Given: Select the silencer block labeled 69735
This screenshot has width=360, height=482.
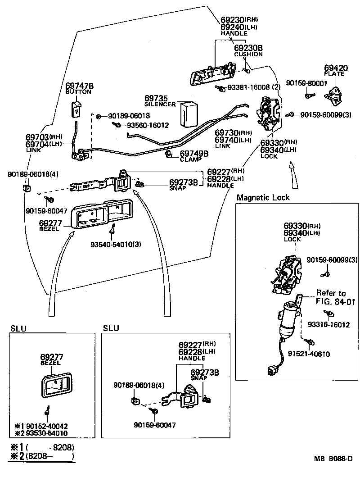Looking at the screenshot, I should pos(189,114).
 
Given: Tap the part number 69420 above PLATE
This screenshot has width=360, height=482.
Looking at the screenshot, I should pos(336,68).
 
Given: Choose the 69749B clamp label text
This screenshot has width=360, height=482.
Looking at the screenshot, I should pos(194,154).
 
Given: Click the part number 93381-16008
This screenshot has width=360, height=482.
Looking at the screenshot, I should pos(249,87).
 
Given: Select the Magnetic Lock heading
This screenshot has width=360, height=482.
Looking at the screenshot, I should pos(263,197).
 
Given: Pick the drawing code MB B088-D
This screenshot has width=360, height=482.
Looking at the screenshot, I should pos(333,460).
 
